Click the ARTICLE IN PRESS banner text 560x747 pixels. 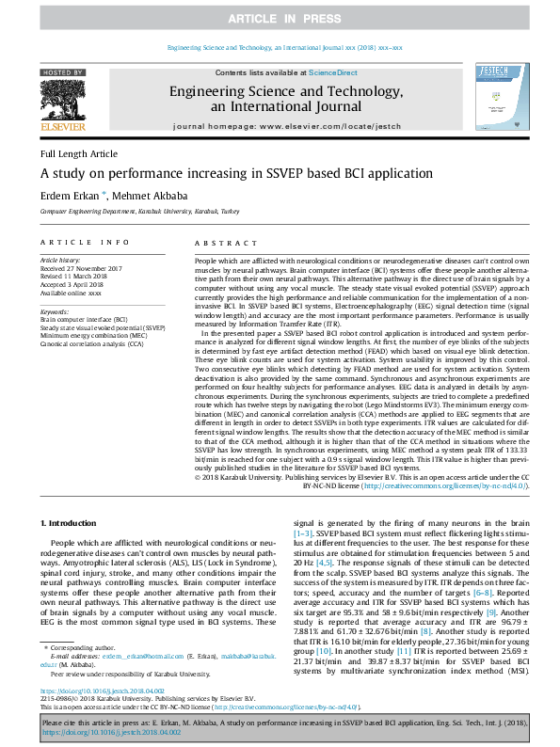[280, 19]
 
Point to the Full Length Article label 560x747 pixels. [79, 153]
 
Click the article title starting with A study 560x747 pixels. [223, 173]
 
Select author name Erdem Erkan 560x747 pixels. [72, 197]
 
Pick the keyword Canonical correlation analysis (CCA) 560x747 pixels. [92, 344]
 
